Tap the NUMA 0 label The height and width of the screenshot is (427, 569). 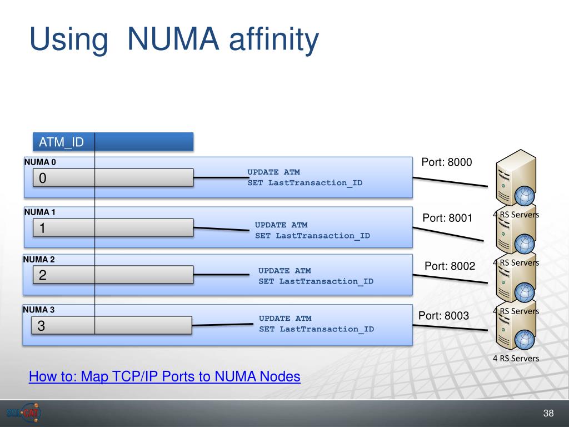(x=40, y=162)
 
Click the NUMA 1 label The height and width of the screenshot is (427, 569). (x=40, y=212)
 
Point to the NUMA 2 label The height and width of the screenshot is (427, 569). (x=39, y=259)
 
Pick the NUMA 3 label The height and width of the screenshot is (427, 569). (x=39, y=309)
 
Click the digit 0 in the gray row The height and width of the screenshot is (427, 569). (x=42, y=178)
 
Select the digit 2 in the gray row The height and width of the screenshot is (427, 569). (x=42, y=275)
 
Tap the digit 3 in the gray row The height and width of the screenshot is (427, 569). (x=41, y=325)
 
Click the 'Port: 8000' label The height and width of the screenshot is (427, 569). (x=447, y=162)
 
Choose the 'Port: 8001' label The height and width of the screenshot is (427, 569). (x=447, y=218)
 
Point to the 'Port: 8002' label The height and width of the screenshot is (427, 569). (x=450, y=266)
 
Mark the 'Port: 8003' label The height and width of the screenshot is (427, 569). (x=444, y=316)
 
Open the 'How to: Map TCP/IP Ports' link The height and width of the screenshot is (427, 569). (x=164, y=376)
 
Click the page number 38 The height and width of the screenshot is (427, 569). (x=548, y=413)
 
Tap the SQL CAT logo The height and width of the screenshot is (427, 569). (x=24, y=413)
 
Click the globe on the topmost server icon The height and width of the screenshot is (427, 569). (x=525, y=196)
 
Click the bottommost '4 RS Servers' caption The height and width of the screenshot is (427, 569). (x=516, y=359)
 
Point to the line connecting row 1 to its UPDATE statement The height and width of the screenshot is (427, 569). (x=221, y=229)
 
